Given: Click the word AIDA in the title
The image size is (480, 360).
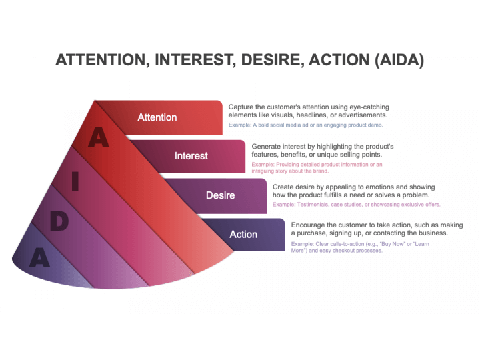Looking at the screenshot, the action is pos(399,60).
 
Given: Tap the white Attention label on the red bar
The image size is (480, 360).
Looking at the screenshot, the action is pos(157,117).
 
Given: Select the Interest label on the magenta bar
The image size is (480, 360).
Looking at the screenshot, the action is pos(191,156).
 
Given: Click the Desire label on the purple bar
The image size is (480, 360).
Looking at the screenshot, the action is pos(221,195).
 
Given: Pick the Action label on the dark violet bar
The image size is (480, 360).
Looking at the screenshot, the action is pos(243,234).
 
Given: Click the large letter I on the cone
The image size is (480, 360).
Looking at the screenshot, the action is pos(75,181).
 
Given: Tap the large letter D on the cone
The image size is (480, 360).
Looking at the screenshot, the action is pos(59,221).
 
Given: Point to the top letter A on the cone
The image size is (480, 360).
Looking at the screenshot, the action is pos(99,137).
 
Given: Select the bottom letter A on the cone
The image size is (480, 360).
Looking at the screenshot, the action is pos(40,258).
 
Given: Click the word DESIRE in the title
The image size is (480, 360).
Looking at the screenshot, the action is pos(273,60).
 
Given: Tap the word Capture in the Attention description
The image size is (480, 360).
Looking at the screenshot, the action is pos(241,107).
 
